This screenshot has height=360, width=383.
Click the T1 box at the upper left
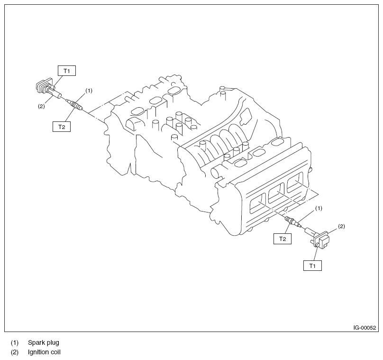67,71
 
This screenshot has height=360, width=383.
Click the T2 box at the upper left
61,126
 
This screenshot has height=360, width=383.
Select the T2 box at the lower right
282,239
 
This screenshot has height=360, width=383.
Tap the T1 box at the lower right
312,266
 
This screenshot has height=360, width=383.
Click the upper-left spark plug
76,104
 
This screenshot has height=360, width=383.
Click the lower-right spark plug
291,222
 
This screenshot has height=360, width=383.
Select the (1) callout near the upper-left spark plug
89,90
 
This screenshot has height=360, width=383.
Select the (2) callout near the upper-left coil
41,106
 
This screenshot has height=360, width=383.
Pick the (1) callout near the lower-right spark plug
319,208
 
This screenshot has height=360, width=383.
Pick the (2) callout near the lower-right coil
341,226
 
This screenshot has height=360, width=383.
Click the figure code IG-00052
365,328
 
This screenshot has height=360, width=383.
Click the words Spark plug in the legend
44,342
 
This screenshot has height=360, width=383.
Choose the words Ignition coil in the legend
44,352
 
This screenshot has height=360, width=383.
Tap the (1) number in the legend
15,342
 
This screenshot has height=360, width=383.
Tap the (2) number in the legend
15,352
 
